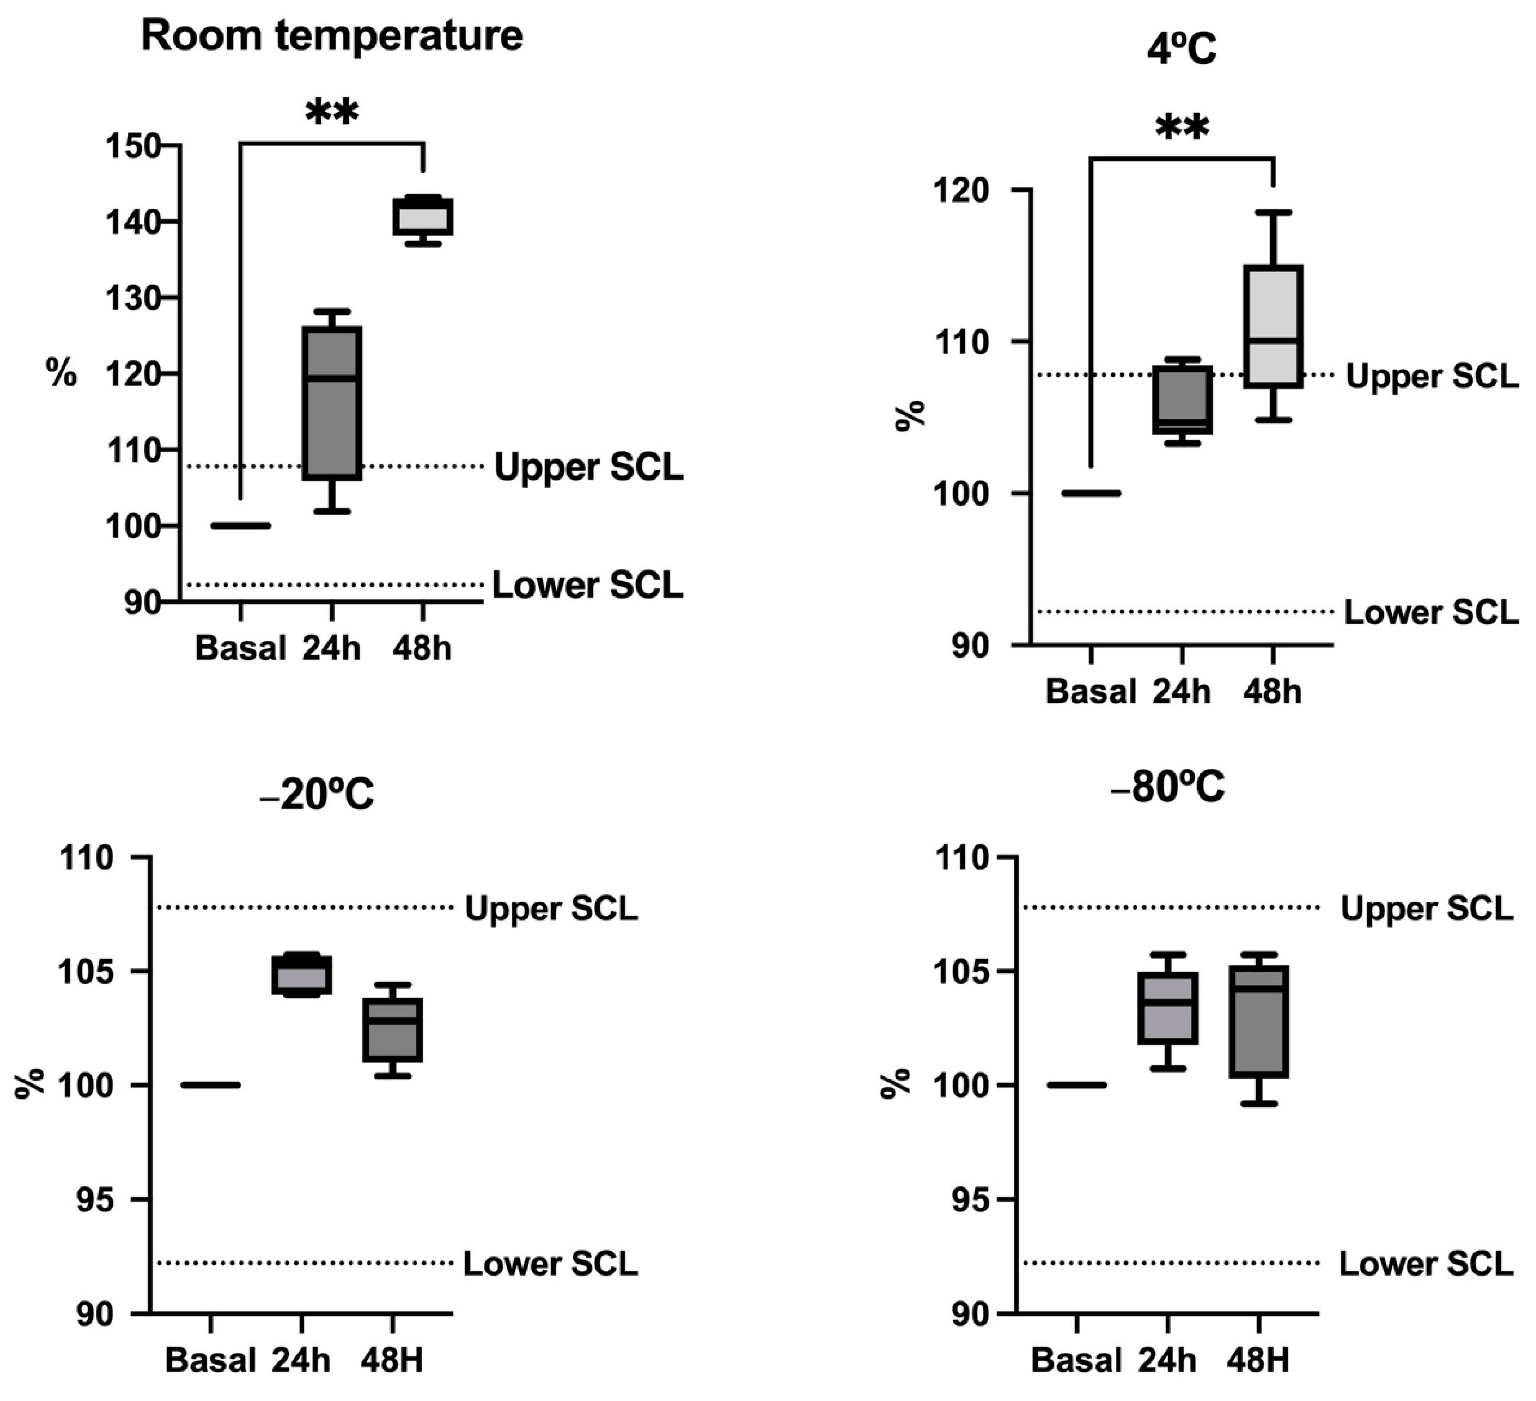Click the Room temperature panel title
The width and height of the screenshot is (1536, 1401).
[332, 36]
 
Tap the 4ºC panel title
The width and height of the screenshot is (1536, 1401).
[1182, 50]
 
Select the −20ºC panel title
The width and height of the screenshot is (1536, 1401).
[316, 795]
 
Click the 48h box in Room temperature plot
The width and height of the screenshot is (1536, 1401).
[423, 217]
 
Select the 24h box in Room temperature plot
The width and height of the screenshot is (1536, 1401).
[332, 403]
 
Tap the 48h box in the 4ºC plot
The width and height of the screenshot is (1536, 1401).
[1272, 326]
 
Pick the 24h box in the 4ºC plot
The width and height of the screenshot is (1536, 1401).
[1182, 400]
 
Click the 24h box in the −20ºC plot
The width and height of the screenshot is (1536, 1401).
[302, 974]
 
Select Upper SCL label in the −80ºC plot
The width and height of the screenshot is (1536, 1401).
[1426, 909]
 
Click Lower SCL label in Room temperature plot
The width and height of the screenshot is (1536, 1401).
[588, 585]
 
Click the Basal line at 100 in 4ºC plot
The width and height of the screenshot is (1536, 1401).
[1091, 493]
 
